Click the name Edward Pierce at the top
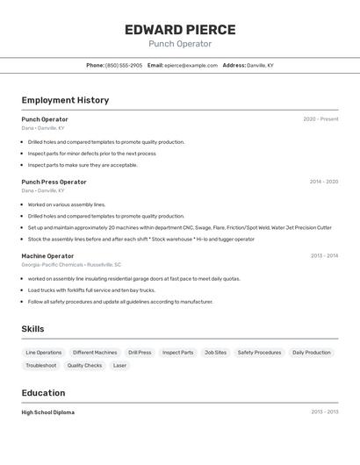(180, 29)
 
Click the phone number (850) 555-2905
(123, 66)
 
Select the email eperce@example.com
(191, 66)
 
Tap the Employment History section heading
(65, 100)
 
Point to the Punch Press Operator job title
(54, 182)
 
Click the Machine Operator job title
(47, 256)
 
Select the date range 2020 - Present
(320, 119)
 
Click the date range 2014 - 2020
(323, 182)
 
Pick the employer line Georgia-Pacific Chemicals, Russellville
(71, 264)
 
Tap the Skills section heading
(32, 329)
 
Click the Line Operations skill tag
(44, 353)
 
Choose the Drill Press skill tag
(140, 353)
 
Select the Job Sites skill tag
(215, 353)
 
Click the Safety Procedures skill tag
(259, 353)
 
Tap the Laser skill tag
(119, 366)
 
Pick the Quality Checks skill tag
(84, 366)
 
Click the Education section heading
(43, 393)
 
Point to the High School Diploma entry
(47, 412)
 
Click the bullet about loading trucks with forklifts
(91, 290)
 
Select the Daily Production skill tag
(312, 353)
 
